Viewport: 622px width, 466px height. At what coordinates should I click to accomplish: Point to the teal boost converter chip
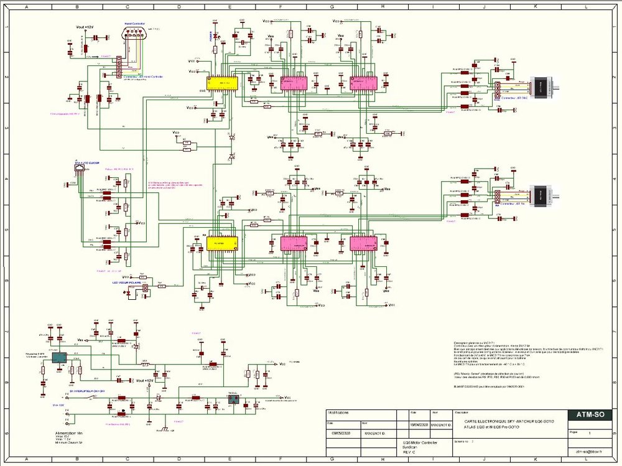coord(59,358)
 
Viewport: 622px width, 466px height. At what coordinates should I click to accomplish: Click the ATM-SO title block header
coord(589,416)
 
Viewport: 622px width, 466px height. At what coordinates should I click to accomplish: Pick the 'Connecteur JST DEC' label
coord(513,98)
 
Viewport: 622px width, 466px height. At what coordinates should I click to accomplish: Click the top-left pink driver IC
coord(289,83)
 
